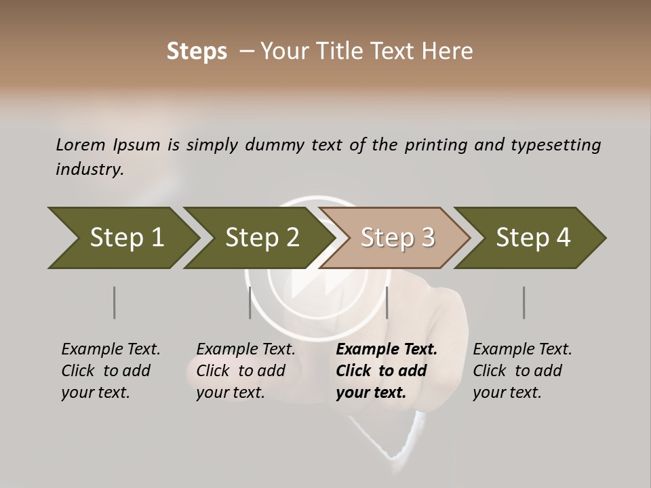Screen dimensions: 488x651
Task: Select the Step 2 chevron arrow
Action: coord(262,238)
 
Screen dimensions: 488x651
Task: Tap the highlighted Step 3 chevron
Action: coord(397,238)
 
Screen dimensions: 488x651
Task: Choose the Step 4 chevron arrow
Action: coord(533,238)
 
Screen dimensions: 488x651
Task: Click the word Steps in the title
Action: coord(197,52)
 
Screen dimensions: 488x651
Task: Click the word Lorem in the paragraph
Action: coord(80,144)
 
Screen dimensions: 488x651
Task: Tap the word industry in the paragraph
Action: coord(90,169)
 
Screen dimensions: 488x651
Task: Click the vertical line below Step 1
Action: coord(115,302)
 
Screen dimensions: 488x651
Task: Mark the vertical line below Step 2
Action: coord(250,302)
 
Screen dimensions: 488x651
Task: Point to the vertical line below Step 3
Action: coord(387,302)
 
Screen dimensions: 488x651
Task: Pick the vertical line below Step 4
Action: coord(524,302)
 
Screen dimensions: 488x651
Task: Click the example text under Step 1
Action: coord(108,371)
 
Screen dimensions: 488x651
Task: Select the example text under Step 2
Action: coord(244,371)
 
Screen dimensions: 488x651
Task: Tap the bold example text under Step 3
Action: coord(384,371)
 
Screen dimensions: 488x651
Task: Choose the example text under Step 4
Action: coord(521,371)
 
